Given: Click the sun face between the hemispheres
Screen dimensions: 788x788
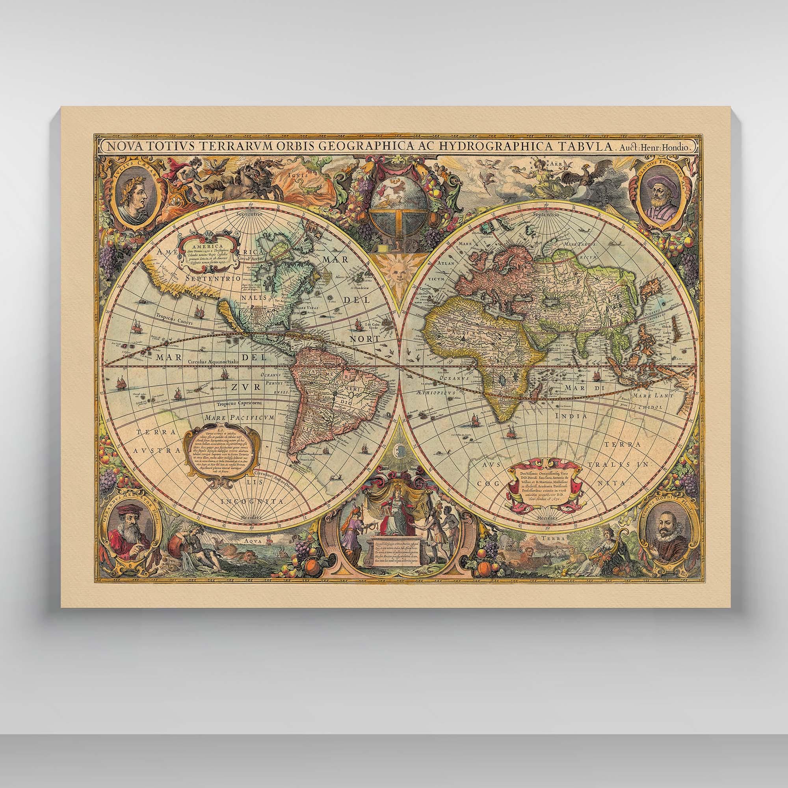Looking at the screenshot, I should point(394,272).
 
